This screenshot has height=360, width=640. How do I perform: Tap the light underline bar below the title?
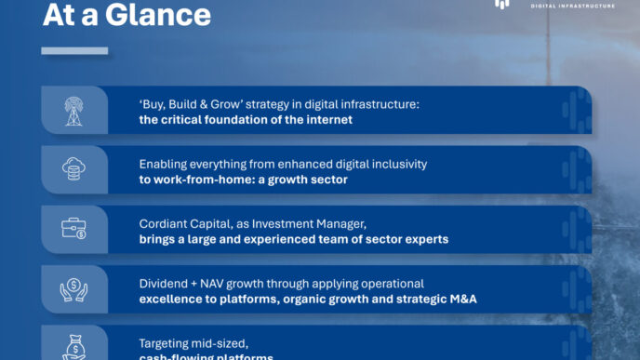[74, 50]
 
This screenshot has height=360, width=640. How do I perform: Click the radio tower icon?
[74, 111]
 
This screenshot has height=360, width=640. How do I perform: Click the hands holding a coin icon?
[74, 289]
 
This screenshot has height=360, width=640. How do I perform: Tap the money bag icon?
[74, 346]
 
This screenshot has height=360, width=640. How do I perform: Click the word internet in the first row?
[328, 120]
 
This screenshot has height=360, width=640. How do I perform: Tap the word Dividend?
[164, 283]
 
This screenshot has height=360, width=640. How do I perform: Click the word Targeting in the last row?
[167, 342]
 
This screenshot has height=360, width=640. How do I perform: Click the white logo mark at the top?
[502, 4]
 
